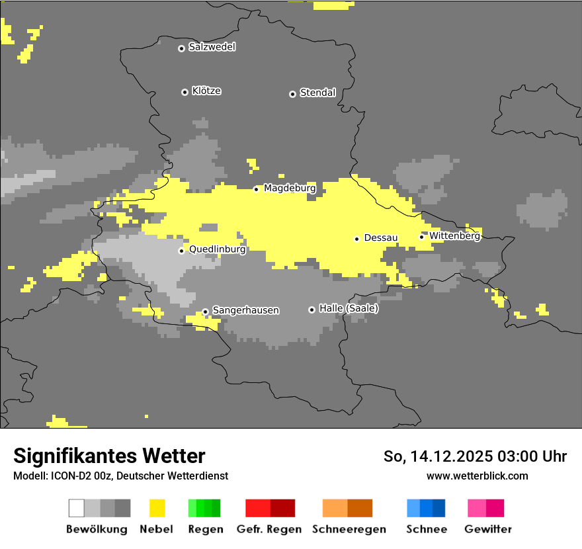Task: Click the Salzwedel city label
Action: pos(212,47)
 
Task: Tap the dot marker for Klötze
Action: pos(185,92)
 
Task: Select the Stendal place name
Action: pos(317,93)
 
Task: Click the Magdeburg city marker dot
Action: pos(257,189)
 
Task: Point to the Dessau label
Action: pos(380,237)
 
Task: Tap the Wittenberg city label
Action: pos(454,235)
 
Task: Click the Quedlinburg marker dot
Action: pos(181,251)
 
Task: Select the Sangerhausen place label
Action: pos(245,310)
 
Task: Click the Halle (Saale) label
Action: pos(349,308)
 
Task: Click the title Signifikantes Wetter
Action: pos(109,456)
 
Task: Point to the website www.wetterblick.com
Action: pos(477,476)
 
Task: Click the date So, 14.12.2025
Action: pos(438,456)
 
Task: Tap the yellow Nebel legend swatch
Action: pos(157,508)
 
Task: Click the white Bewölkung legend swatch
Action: pos(77,508)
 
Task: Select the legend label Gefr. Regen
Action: pos(269,529)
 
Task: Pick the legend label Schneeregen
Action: pos(349,529)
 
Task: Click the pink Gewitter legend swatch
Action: pos(477,508)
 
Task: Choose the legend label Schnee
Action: pos(427,529)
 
